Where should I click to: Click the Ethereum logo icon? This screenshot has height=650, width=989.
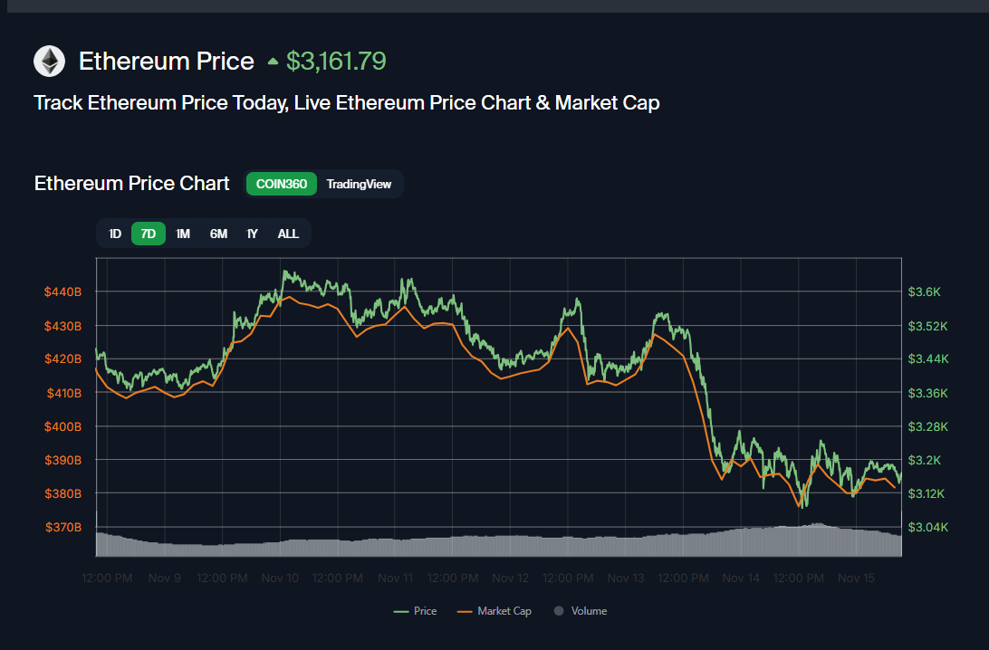(x=50, y=62)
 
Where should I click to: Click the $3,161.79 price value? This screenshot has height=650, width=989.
(x=336, y=62)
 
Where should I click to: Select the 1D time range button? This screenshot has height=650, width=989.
(x=115, y=234)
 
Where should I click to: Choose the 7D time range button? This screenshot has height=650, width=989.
(x=149, y=234)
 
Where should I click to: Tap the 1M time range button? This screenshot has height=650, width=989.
(x=183, y=234)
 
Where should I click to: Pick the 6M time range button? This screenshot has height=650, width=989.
(x=218, y=234)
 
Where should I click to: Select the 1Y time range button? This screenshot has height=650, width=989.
(x=253, y=234)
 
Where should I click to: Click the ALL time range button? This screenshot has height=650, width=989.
(x=288, y=234)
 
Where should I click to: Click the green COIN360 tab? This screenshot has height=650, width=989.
(x=281, y=184)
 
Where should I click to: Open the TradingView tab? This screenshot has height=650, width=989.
(x=359, y=184)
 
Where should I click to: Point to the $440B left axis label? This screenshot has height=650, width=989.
(x=63, y=292)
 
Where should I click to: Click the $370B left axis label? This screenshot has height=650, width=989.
(x=63, y=527)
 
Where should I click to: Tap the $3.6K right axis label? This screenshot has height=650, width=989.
(x=925, y=292)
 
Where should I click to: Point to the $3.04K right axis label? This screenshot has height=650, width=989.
(x=927, y=527)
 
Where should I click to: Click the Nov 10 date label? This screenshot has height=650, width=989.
(x=280, y=578)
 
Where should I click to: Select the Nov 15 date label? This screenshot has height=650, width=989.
(x=855, y=578)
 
